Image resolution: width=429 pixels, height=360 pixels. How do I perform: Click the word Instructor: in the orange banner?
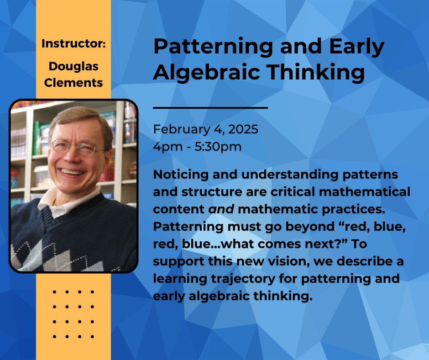coord(73,43)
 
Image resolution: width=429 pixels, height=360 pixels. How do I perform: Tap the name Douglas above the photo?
coord(73,67)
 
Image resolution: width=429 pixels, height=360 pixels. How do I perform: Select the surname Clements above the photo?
coord(73,83)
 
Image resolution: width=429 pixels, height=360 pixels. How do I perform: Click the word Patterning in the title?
coord(213,47)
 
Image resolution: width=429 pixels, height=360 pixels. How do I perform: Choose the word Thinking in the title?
coord(316,72)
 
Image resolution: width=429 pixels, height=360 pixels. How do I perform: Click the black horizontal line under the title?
coord(210,108)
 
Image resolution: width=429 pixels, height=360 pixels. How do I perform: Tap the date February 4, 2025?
coord(205,129)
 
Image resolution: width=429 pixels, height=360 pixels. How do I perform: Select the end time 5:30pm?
coord(218,147)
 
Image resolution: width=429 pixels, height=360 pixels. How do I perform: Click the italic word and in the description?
coord(221,209)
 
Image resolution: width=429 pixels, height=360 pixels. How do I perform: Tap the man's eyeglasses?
coord(78,148)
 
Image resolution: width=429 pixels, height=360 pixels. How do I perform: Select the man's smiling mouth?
coord(72,172)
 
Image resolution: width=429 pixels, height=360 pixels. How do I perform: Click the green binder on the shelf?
coord(36,138)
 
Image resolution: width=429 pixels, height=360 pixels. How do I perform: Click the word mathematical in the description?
coord(365,192)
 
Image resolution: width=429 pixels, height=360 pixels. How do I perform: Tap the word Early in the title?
coord(357,47)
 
